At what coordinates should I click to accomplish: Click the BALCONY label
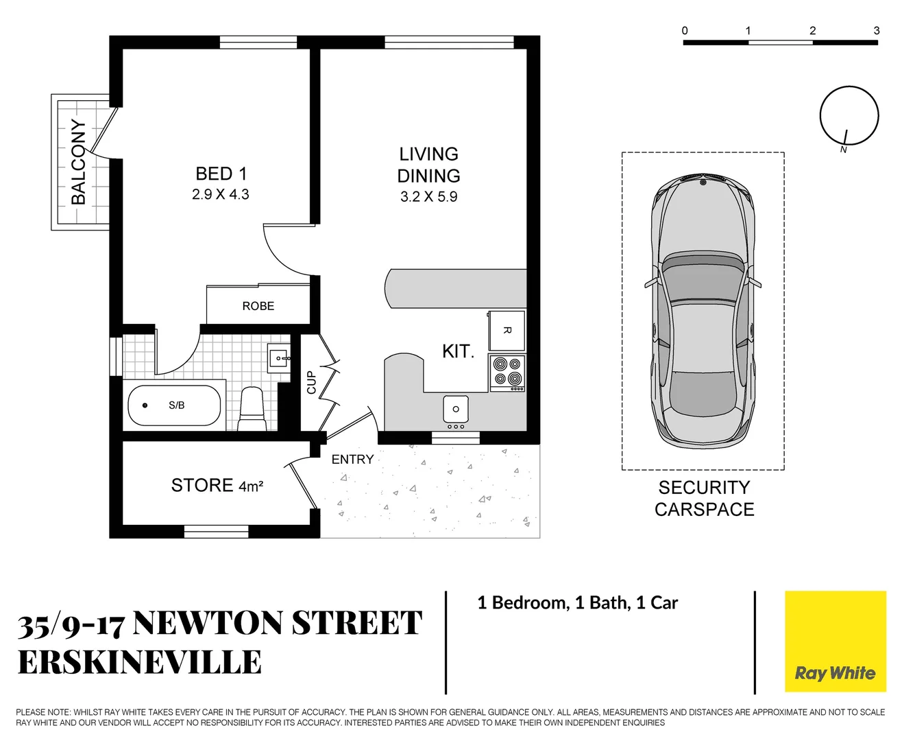[x=79, y=162]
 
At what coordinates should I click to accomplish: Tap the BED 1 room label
[x=221, y=174]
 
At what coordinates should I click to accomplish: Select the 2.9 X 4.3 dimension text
[x=220, y=195]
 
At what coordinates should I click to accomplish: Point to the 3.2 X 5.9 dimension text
[x=428, y=197]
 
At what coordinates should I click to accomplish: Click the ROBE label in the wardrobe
[x=258, y=306]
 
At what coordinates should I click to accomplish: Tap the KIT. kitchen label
[x=458, y=351]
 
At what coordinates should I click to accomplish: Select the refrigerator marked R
[x=507, y=330]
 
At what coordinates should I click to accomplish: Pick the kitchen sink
[x=455, y=410]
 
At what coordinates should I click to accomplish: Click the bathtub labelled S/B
[x=174, y=405]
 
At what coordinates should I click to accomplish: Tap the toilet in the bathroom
[x=252, y=410]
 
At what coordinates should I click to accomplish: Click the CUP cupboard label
[x=311, y=383]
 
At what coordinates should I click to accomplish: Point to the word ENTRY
[x=352, y=460]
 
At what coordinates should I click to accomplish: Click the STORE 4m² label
[x=217, y=486]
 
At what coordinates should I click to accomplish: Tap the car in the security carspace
[x=703, y=311]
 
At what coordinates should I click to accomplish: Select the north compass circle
[x=849, y=115]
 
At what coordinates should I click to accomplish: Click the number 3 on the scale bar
[x=876, y=31]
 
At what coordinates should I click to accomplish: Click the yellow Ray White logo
[x=835, y=642]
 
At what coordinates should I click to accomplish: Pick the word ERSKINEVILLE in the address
[x=140, y=663]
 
